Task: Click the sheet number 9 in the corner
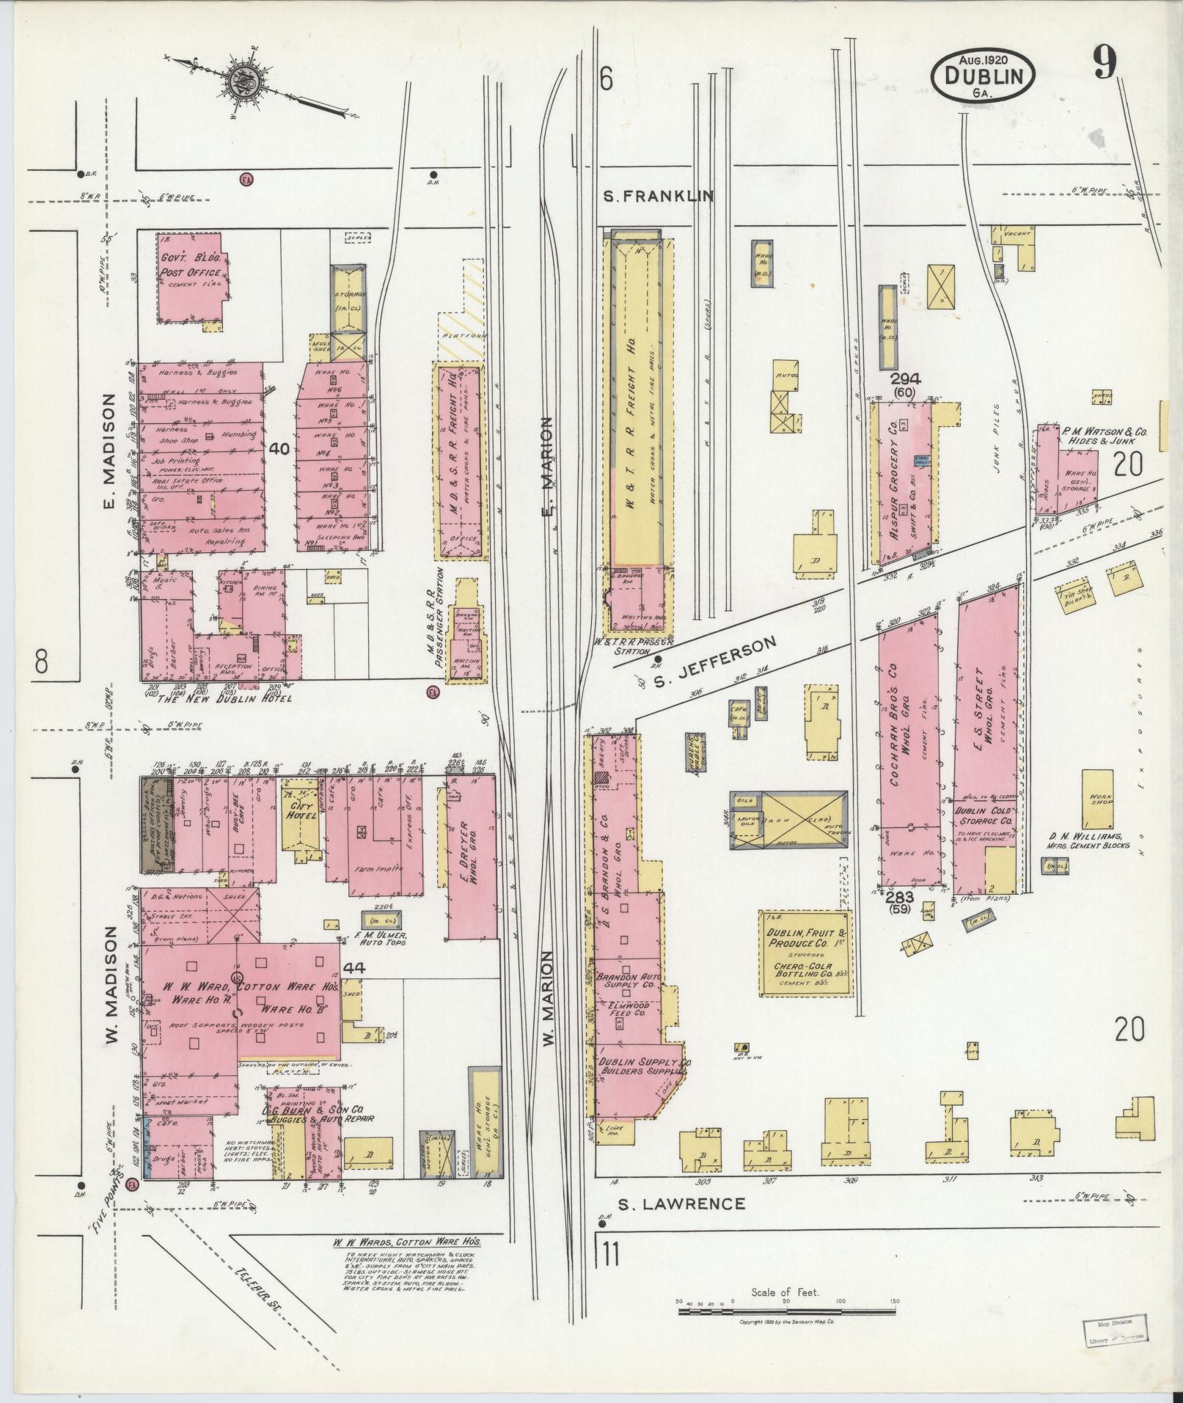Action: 1104,63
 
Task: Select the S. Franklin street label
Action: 659,196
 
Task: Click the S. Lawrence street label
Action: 681,1204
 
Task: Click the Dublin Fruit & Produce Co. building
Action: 805,953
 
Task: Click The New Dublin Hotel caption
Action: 225,698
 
